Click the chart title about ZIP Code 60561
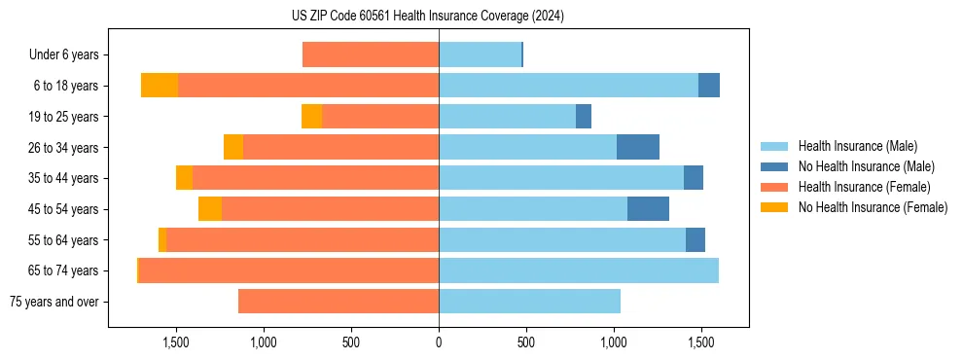coord(428,17)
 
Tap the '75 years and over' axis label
coord(53,302)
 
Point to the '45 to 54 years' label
coord(63,209)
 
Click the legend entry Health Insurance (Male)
coord(857,146)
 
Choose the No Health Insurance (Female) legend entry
coord(873,207)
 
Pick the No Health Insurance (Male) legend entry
coord(866,166)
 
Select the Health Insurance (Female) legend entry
coord(864,187)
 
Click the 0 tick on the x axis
coord(439,342)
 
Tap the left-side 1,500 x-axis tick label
coord(176,342)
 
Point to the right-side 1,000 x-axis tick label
coord(614,342)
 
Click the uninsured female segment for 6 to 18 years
coord(160,86)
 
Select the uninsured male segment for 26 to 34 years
coord(638,147)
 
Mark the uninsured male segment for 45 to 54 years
coord(648,208)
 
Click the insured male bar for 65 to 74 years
coord(579,270)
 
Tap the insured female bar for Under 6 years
coord(371,54)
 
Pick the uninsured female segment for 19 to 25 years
coord(311,117)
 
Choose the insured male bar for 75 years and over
coord(529,302)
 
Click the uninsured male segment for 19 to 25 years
coord(584,117)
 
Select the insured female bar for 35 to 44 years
coord(315,178)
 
